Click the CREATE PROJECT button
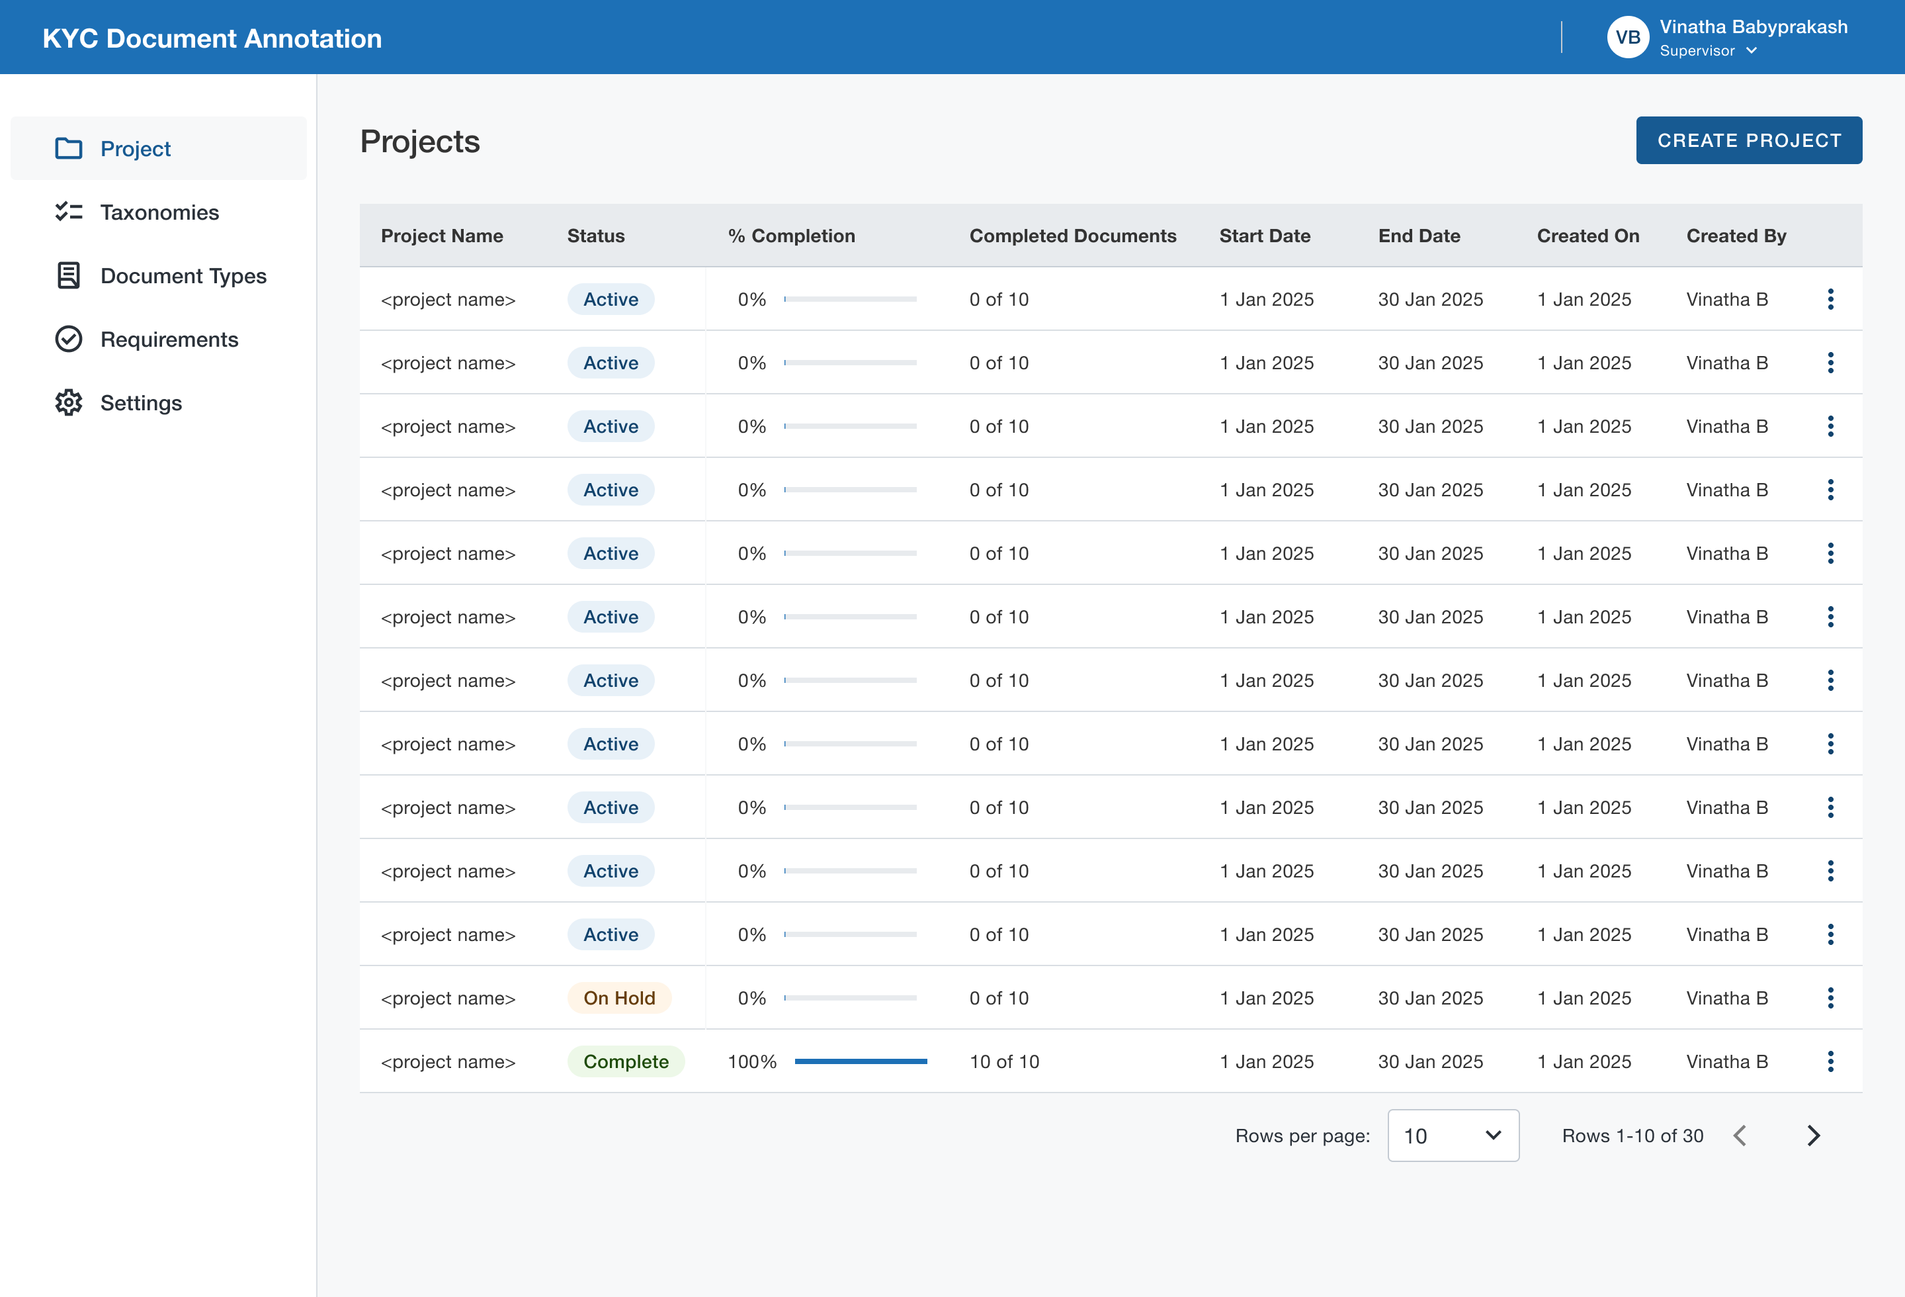pos(1748,140)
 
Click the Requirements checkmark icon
pos(69,339)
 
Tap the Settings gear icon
pos(69,402)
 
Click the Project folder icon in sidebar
pos(69,148)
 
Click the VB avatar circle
pos(1627,38)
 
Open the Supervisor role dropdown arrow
pos(1752,51)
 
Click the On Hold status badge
pos(619,998)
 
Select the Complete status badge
pos(626,1061)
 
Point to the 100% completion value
pos(751,1061)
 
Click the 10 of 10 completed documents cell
pos(1004,1061)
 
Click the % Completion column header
pos(791,236)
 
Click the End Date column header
pos(1419,236)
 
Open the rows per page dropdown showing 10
pos(1453,1136)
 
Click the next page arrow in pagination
pos(1813,1136)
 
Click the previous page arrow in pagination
pos(1740,1136)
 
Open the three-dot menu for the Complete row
pos(1830,1061)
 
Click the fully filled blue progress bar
pos(861,1061)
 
